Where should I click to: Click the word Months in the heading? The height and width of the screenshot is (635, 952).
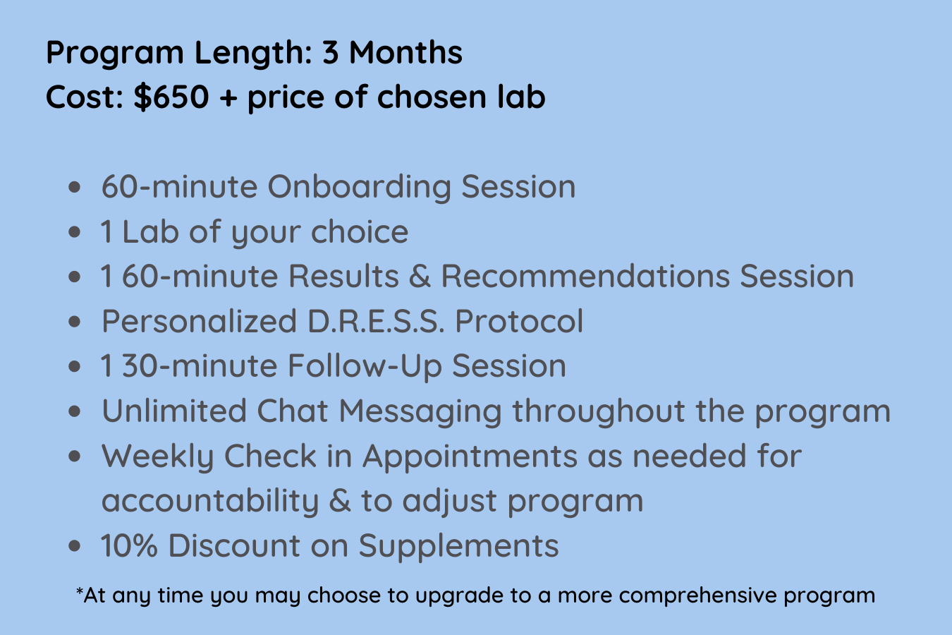405,53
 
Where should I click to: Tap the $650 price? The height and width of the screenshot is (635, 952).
172,97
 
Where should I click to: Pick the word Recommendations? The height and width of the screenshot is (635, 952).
585,277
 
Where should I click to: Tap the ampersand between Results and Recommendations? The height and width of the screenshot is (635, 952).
420,277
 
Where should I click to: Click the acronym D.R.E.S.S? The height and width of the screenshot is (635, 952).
376,322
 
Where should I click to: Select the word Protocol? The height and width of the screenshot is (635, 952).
519,322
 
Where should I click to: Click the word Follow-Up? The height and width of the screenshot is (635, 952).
364,366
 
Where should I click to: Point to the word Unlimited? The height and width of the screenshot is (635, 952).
173,411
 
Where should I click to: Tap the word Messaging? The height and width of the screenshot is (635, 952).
420,412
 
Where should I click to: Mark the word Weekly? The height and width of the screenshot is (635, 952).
157,456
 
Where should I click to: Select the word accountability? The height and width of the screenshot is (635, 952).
210,502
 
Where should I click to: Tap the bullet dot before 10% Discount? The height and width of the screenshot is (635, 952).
75,546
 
